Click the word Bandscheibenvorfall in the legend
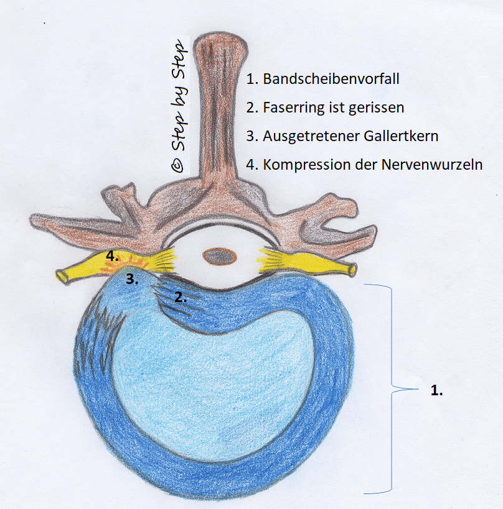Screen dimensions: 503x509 tap(331, 79)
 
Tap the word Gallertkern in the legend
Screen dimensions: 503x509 tap(401, 136)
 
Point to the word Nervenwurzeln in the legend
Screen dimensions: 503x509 tap(432, 165)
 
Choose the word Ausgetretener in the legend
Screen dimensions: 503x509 tap(311, 137)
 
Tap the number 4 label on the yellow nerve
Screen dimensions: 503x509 tap(112, 257)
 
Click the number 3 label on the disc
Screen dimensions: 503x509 tap(132, 279)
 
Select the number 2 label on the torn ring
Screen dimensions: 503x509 tap(181, 297)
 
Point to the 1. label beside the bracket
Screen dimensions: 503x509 tap(436, 390)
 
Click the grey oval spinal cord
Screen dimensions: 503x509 tap(220, 256)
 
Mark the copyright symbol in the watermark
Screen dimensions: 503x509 tap(177, 166)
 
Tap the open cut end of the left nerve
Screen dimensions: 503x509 tap(61, 276)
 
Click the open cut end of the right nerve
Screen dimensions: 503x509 tap(352, 269)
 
